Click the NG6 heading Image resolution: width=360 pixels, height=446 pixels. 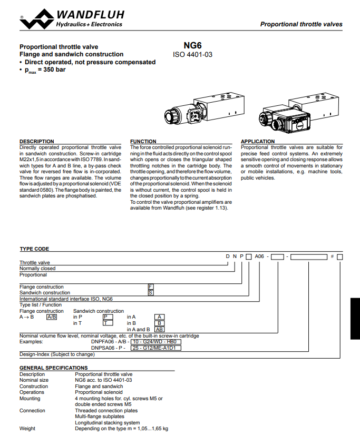(192, 46)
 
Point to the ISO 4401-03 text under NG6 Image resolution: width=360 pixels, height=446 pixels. (192, 54)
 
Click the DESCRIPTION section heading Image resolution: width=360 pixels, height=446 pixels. (37, 141)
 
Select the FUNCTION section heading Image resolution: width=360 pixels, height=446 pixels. (143, 141)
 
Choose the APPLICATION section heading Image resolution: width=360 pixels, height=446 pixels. (258, 141)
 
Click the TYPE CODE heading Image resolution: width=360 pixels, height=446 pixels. (34, 249)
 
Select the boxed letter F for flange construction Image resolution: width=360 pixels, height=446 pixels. (151, 286)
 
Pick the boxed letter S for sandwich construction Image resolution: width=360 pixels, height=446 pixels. (151, 293)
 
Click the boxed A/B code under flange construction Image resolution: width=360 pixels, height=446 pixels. (52, 317)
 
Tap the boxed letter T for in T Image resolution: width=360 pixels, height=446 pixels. (108, 323)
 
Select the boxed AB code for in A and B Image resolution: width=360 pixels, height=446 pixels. (159, 329)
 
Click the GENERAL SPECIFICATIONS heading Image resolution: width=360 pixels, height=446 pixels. (54, 368)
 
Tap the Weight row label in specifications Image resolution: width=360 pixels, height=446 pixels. (27, 429)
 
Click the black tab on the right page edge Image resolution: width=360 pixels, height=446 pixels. (355, 319)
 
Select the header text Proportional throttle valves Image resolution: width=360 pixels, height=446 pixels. (301, 24)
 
